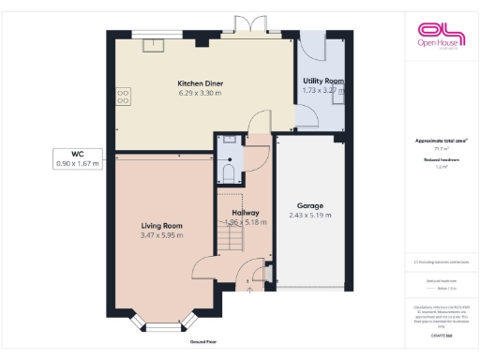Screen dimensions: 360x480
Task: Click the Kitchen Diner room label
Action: coord(200,83)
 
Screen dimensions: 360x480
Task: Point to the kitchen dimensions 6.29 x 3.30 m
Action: coord(200,93)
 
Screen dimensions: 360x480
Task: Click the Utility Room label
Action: coord(322,82)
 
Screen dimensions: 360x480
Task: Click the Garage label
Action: coord(310,205)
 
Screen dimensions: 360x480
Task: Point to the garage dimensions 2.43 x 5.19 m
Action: coord(310,216)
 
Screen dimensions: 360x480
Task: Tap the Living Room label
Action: coord(161,226)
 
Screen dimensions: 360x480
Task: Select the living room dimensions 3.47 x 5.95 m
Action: coord(161,236)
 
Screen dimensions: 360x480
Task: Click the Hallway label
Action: coord(246,214)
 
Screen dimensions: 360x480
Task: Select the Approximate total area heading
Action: coord(440,141)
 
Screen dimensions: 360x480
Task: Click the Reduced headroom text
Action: coord(440,160)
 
